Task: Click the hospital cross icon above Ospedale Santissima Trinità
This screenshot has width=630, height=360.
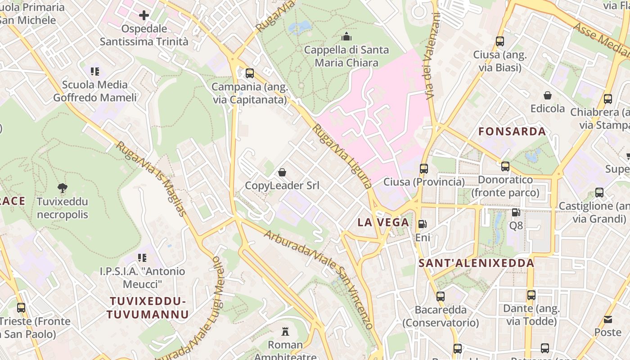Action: tap(144, 16)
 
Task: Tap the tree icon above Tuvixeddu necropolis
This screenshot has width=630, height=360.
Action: tap(63, 188)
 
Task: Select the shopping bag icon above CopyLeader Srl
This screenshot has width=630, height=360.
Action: tap(282, 172)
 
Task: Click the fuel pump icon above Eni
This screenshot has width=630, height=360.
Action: tap(423, 224)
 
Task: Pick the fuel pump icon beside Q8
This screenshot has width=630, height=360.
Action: tap(516, 212)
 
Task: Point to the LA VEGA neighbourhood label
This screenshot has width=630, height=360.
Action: tap(383, 222)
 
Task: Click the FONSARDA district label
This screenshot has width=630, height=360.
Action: tap(512, 131)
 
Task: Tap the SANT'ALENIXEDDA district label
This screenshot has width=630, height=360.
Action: tap(477, 263)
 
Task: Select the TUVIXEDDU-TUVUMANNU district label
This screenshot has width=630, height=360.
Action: tap(147, 308)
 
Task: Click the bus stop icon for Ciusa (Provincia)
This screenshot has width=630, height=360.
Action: tap(424, 169)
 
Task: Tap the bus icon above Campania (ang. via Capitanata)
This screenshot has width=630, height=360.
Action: tap(250, 73)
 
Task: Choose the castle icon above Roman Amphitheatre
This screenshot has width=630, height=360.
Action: tap(285, 332)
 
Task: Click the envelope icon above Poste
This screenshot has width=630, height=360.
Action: tap(608, 319)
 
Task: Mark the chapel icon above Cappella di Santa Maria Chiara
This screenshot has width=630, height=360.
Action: tap(346, 36)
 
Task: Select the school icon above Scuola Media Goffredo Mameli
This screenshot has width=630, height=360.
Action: tap(94, 71)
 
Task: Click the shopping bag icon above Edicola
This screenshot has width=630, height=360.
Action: tap(548, 95)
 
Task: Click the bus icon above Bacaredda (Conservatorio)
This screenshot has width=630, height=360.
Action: tap(441, 297)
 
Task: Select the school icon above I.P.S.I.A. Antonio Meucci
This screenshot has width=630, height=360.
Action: tap(142, 258)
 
